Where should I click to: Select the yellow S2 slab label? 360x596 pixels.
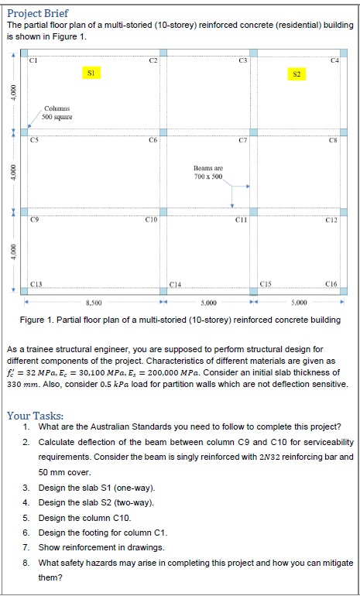click(296, 74)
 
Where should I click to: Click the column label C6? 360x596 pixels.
click(153, 141)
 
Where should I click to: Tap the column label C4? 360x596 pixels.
click(334, 60)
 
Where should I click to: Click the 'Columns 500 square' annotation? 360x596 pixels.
click(58, 112)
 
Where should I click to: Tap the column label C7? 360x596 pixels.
click(242, 141)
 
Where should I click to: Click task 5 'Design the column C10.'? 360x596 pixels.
click(85, 517)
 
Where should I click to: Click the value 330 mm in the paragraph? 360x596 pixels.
click(22, 384)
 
